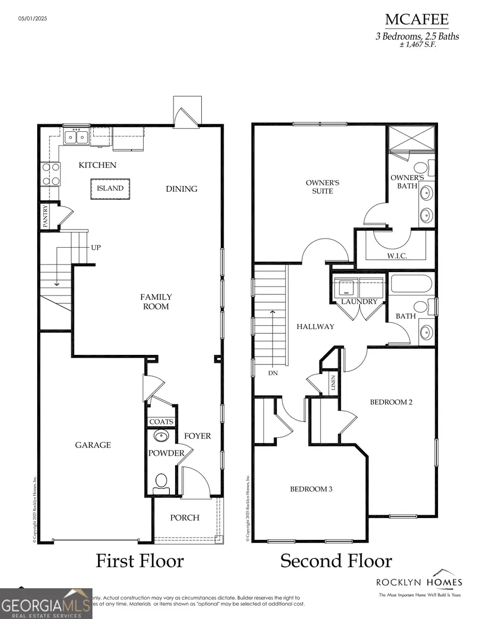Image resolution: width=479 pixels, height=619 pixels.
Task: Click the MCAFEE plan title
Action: (417, 20)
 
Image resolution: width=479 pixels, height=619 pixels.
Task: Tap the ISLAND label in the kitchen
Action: (110, 188)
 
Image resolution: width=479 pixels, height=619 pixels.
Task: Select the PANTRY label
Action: (45, 216)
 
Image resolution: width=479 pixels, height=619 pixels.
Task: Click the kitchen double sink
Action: (77, 137)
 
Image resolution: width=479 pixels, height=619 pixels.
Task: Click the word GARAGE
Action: (93, 445)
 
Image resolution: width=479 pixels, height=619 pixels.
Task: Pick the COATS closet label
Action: (161, 422)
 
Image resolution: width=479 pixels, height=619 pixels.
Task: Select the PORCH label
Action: (185, 518)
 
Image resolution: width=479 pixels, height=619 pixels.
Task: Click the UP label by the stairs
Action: (96, 248)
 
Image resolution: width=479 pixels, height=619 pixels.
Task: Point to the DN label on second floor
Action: (272, 373)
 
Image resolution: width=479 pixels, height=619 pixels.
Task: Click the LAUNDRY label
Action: (359, 302)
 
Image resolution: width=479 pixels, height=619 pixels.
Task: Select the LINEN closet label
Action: (333, 384)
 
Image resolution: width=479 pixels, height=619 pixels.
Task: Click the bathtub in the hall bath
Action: (412, 284)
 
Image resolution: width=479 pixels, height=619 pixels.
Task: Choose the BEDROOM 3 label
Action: (311, 489)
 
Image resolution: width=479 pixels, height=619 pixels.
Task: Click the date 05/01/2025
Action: (33, 19)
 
